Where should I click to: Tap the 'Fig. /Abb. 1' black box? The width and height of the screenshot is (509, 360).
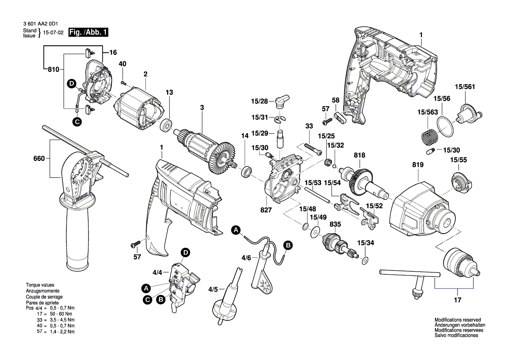[x=88, y=33]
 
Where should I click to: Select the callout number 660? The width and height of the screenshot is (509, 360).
[x=39, y=159]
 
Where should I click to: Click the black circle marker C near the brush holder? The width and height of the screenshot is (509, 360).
[x=77, y=122]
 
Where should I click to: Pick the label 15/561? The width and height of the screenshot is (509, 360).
[x=465, y=87]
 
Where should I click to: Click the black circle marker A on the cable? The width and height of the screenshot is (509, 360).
[x=236, y=230]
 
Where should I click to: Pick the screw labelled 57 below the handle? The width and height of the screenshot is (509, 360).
[x=136, y=244]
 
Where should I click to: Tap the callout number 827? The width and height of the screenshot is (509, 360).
[x=266, y=210]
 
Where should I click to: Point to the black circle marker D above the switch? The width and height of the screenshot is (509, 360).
[x=185, y=252]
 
